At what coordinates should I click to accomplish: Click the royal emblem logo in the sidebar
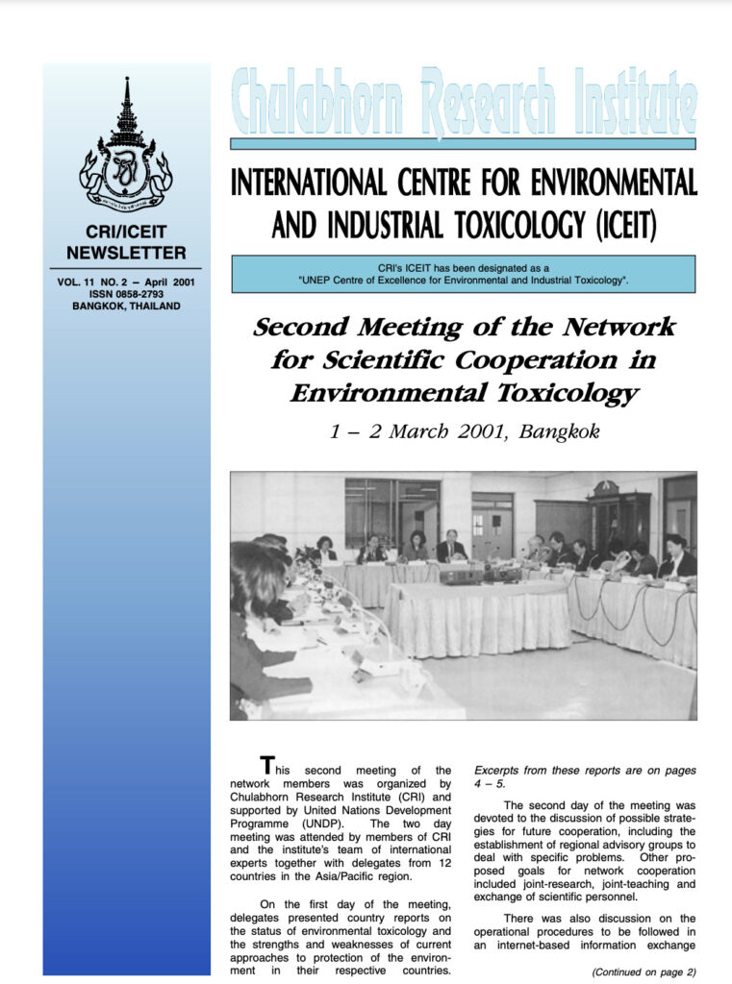coord(126,146)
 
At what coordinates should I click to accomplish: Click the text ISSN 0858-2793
coord(126,294)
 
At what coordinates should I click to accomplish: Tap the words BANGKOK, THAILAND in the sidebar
coord(126,307)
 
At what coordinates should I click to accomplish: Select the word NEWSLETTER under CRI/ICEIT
coord(126,254)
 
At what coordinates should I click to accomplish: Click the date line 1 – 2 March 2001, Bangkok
coord(464,430)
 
